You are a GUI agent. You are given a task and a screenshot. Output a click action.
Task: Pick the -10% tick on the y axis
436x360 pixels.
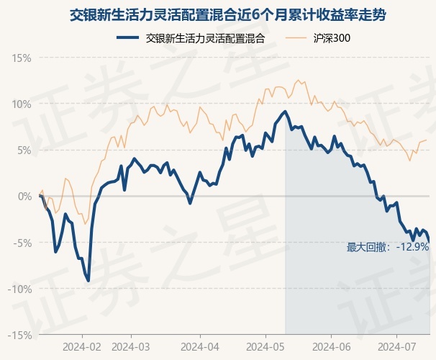[20, 289]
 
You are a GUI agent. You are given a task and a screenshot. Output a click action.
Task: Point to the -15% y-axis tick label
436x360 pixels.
[20, 335]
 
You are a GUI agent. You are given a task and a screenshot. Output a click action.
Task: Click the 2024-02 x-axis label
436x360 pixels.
[83, 346]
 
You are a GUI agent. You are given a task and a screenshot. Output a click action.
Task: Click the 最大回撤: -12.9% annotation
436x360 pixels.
[388, 247]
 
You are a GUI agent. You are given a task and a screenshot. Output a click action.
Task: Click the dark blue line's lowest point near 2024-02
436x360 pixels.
[88, 280]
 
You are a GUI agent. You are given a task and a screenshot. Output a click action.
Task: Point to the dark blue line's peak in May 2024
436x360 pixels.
[286, 112]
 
